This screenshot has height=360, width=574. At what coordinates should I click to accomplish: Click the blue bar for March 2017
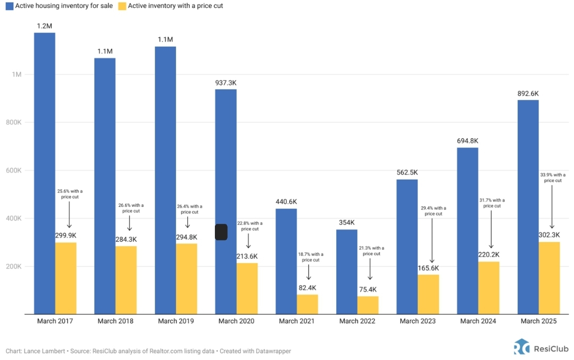coord(45,173)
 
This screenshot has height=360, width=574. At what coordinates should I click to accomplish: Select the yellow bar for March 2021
coord(307,304)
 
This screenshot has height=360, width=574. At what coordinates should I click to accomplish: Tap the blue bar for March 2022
coord(347,272)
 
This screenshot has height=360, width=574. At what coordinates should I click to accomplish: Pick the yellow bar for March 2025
coord(549,278)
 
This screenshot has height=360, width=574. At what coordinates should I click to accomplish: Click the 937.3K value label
coord(226,83)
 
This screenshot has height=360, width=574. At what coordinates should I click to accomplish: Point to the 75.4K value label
coord(369,290)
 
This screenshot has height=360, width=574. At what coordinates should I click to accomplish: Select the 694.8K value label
coord(467,141)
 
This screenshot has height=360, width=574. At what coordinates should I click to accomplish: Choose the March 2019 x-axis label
coord(176,321)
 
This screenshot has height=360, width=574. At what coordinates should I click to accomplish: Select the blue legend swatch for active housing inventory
coord(9,6)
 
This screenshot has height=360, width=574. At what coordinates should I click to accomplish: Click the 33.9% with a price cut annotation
coord(552,178)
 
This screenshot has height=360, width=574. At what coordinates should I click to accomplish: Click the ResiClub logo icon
coord(521,347)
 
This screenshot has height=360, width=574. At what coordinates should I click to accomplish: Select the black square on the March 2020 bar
coord(221,232)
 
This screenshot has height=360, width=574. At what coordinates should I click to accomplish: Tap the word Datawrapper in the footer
coord(272,351)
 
